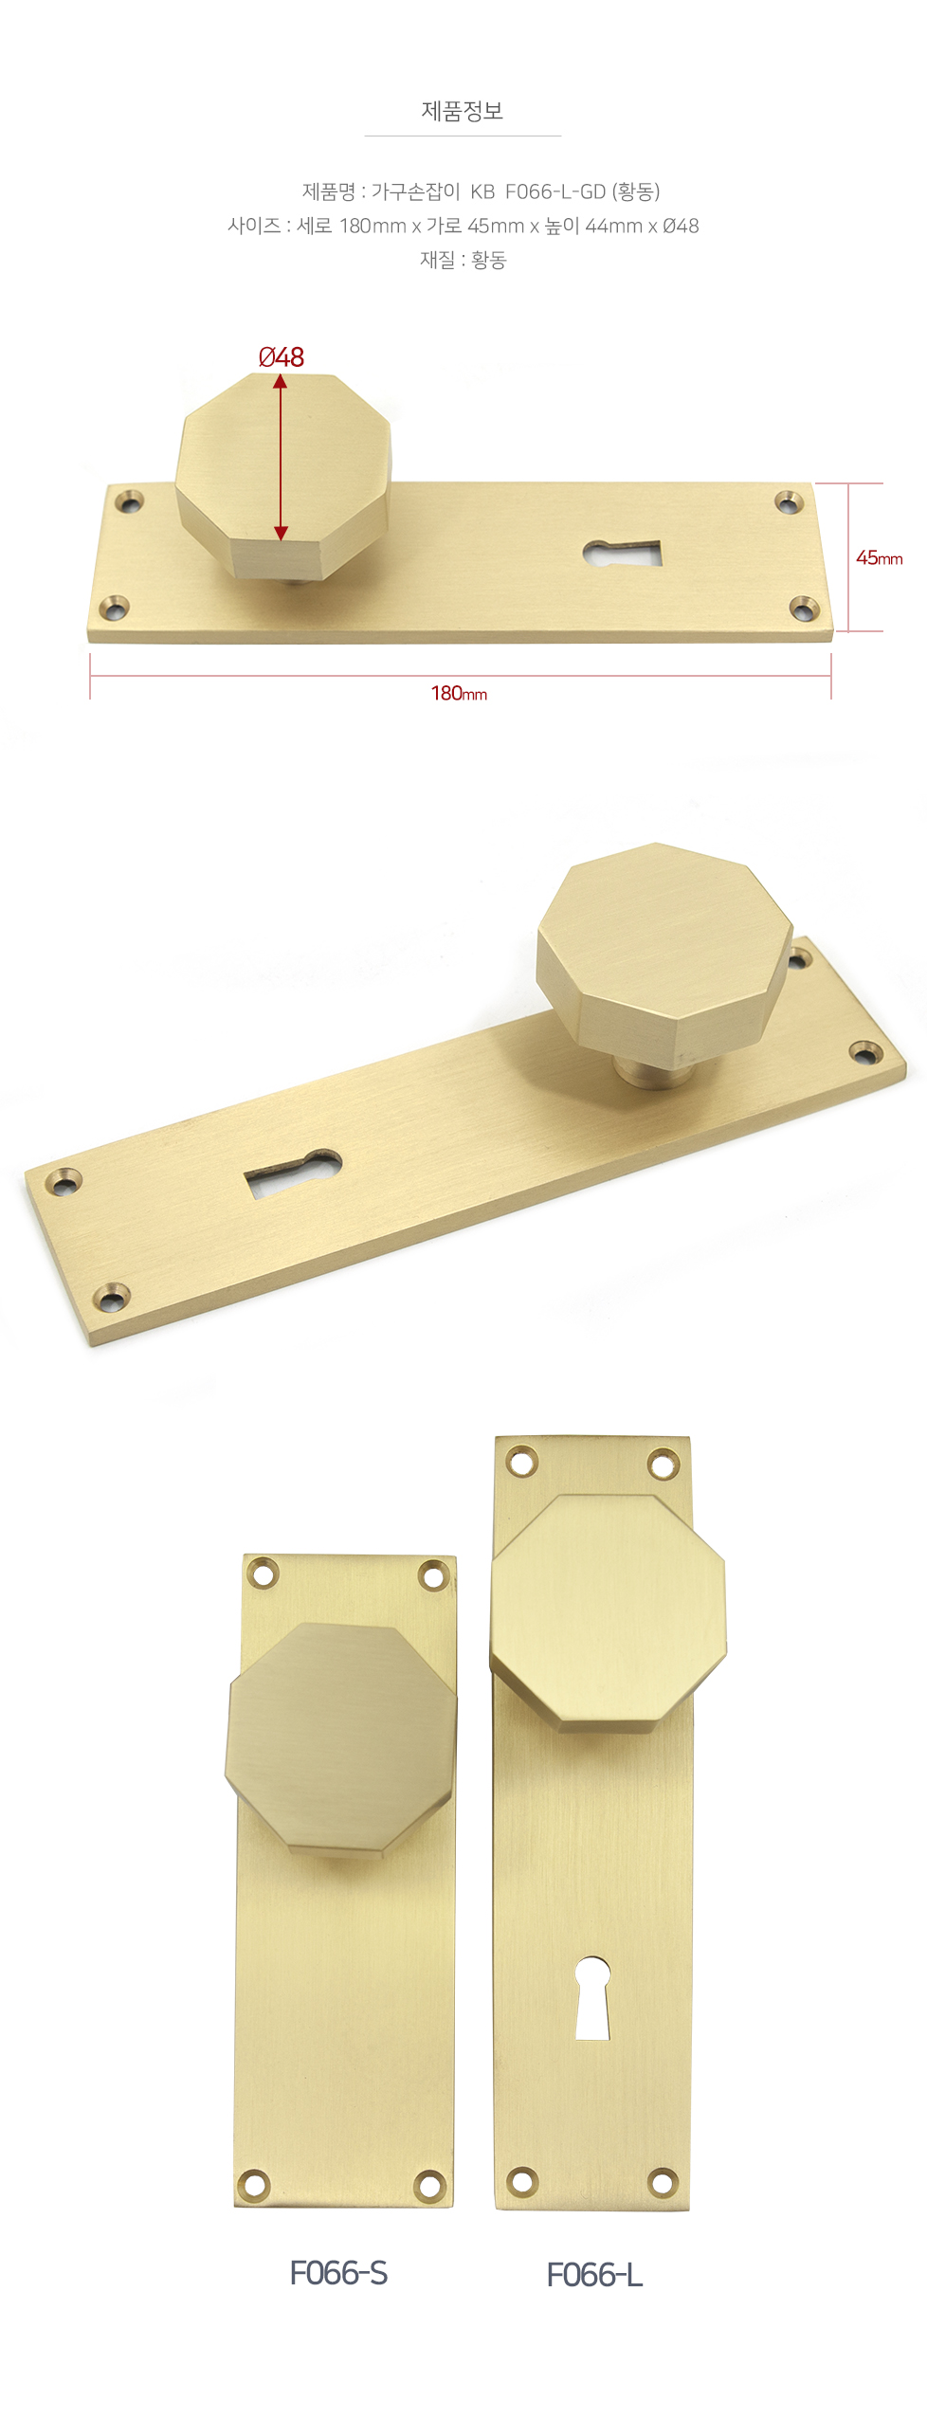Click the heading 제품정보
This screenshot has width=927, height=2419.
tap(463, 111)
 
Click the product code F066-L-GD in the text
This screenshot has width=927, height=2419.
tap(555, 191)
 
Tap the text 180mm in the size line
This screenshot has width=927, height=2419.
tap(373, 226)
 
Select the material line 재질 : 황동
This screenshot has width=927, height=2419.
tap(463, 260)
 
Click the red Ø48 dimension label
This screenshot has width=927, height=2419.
tap(282, 357)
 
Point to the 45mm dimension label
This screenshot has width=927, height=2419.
tap(879, 558)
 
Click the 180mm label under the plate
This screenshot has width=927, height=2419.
tap(459, 694)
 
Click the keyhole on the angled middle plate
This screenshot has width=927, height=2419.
tap(294, 1170)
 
